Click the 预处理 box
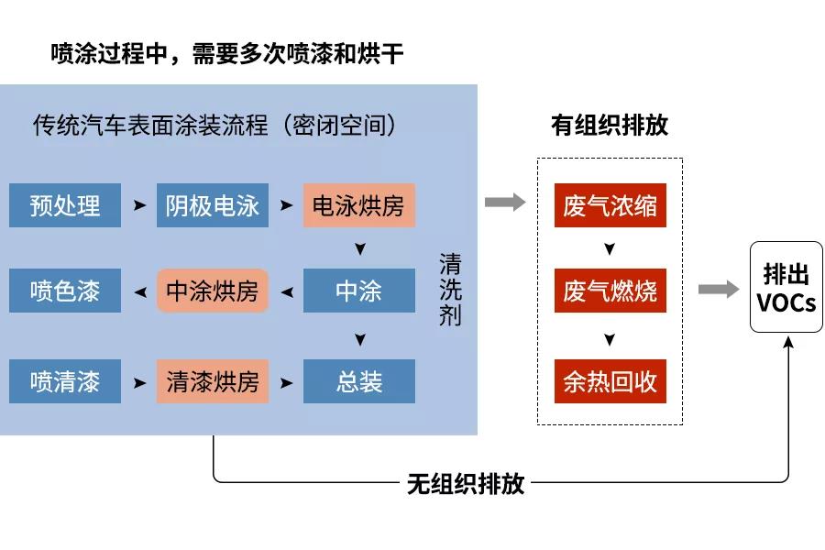(x=64, y=205)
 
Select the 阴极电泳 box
(x=212, y=205)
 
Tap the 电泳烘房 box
(x=358, y=205)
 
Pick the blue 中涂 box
(x=358, y=291)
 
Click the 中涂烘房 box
(x=212, y=291)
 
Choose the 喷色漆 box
(x=64, y=291)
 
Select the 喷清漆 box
(x=64, y=381)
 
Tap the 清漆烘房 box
(x=212, y=381)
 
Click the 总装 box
(x=358, y=381)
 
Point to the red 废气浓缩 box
(x=610, y=205)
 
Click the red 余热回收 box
(x=610, y=381)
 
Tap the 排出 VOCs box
(x=786, y=287)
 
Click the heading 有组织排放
(x=610, y=126)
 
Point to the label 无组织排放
(x=466, y=483)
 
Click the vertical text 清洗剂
(x=450, y=291)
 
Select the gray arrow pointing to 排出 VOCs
(x=719, y=290)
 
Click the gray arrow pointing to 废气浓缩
(x=505, y=203)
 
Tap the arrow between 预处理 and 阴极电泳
(x=139, y=205)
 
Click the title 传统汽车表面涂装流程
(x=151, y=125)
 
